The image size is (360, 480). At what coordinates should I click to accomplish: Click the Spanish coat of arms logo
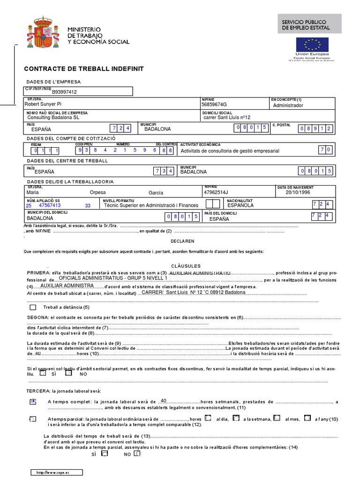click(44, 33)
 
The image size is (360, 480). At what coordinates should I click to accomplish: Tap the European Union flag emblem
click(312, 45)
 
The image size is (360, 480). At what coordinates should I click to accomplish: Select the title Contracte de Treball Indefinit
click(84, 69)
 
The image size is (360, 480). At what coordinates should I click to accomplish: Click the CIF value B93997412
click(64, 92)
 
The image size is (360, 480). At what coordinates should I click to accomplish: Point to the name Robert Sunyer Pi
click(43, 105)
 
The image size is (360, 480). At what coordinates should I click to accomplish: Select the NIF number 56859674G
click(214, 105)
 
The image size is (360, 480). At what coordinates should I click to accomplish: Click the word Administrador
click(288, 105)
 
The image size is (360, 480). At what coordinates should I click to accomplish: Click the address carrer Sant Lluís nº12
click(227, 118)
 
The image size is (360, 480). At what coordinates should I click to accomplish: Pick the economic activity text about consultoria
click(230, 151)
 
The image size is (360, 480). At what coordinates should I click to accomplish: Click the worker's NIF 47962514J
click(216, 192)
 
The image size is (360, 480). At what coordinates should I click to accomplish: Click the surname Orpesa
click(97, 193)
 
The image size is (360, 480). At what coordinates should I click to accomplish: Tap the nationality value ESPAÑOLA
click(240, 205)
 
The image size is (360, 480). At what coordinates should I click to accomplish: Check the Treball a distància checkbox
click(32, 307)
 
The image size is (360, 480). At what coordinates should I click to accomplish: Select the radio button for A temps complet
click(32, 402)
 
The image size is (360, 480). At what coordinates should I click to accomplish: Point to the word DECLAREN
click(182, 241)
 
